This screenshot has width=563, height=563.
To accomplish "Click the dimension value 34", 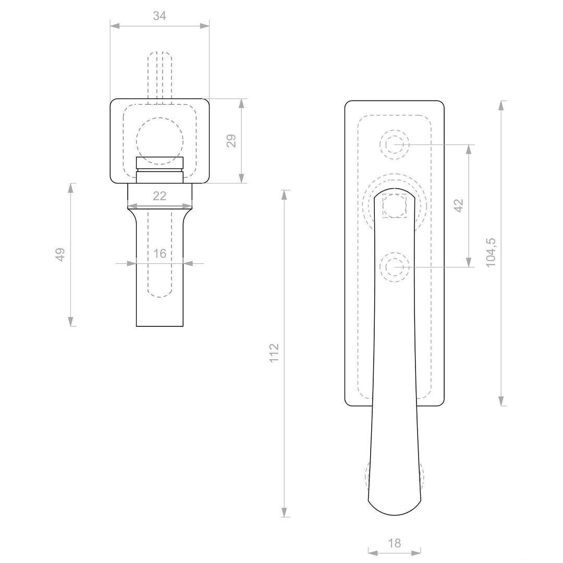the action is pyautogui.click(x=160, y=16).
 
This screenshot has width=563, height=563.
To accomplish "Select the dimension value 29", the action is pyautogui.click(x=231, y=140).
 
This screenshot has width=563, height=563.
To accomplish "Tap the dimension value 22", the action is pyautogui.click(x=160, y=196).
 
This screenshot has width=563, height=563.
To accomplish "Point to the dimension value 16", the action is pyautogui.click(x=160, y=254).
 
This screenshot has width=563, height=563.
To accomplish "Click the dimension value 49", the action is pyautogui.click(x=60, y=254).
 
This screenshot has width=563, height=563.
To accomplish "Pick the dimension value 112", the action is pyautogui.click(x=274, y=353).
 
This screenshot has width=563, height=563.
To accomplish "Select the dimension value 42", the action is pyautogui.click(x=459, y=205).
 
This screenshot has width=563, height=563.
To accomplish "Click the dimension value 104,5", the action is pyautogui.click(x=491, y=252).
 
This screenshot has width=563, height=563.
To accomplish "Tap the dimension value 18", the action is pyautogui.click(x=394, y=543).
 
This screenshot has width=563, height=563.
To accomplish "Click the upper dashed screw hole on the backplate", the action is pyautogui.click(x=394, y=145).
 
